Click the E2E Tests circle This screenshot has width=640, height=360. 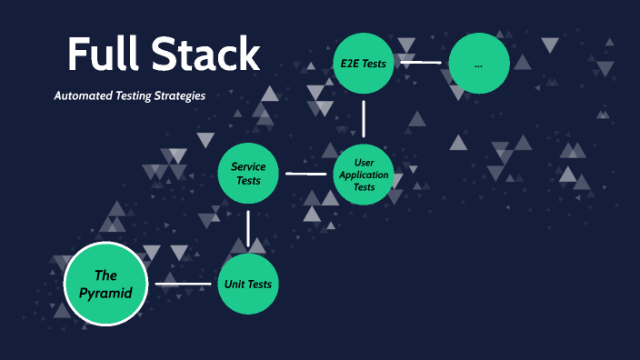[x=364, y=63]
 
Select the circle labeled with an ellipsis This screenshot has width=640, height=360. [x=479, y=63]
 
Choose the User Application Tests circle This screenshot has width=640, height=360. [x=364, y=175]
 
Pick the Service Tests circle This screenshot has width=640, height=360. [x=248, y=173]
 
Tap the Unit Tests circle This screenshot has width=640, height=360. [x=248, y=284]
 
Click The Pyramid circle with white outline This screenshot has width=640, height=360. [x=106, y=284]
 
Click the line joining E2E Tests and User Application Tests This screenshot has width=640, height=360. [x=364, y=118]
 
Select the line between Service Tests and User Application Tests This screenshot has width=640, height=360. [x=305, y=173]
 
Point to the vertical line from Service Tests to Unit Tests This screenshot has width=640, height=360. [x=248, y=227]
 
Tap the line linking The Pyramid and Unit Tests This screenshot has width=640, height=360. [x=183, y=284]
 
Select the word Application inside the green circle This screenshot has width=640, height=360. [x=364, y=175]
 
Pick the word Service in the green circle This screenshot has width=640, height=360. [x=248, y=166]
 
